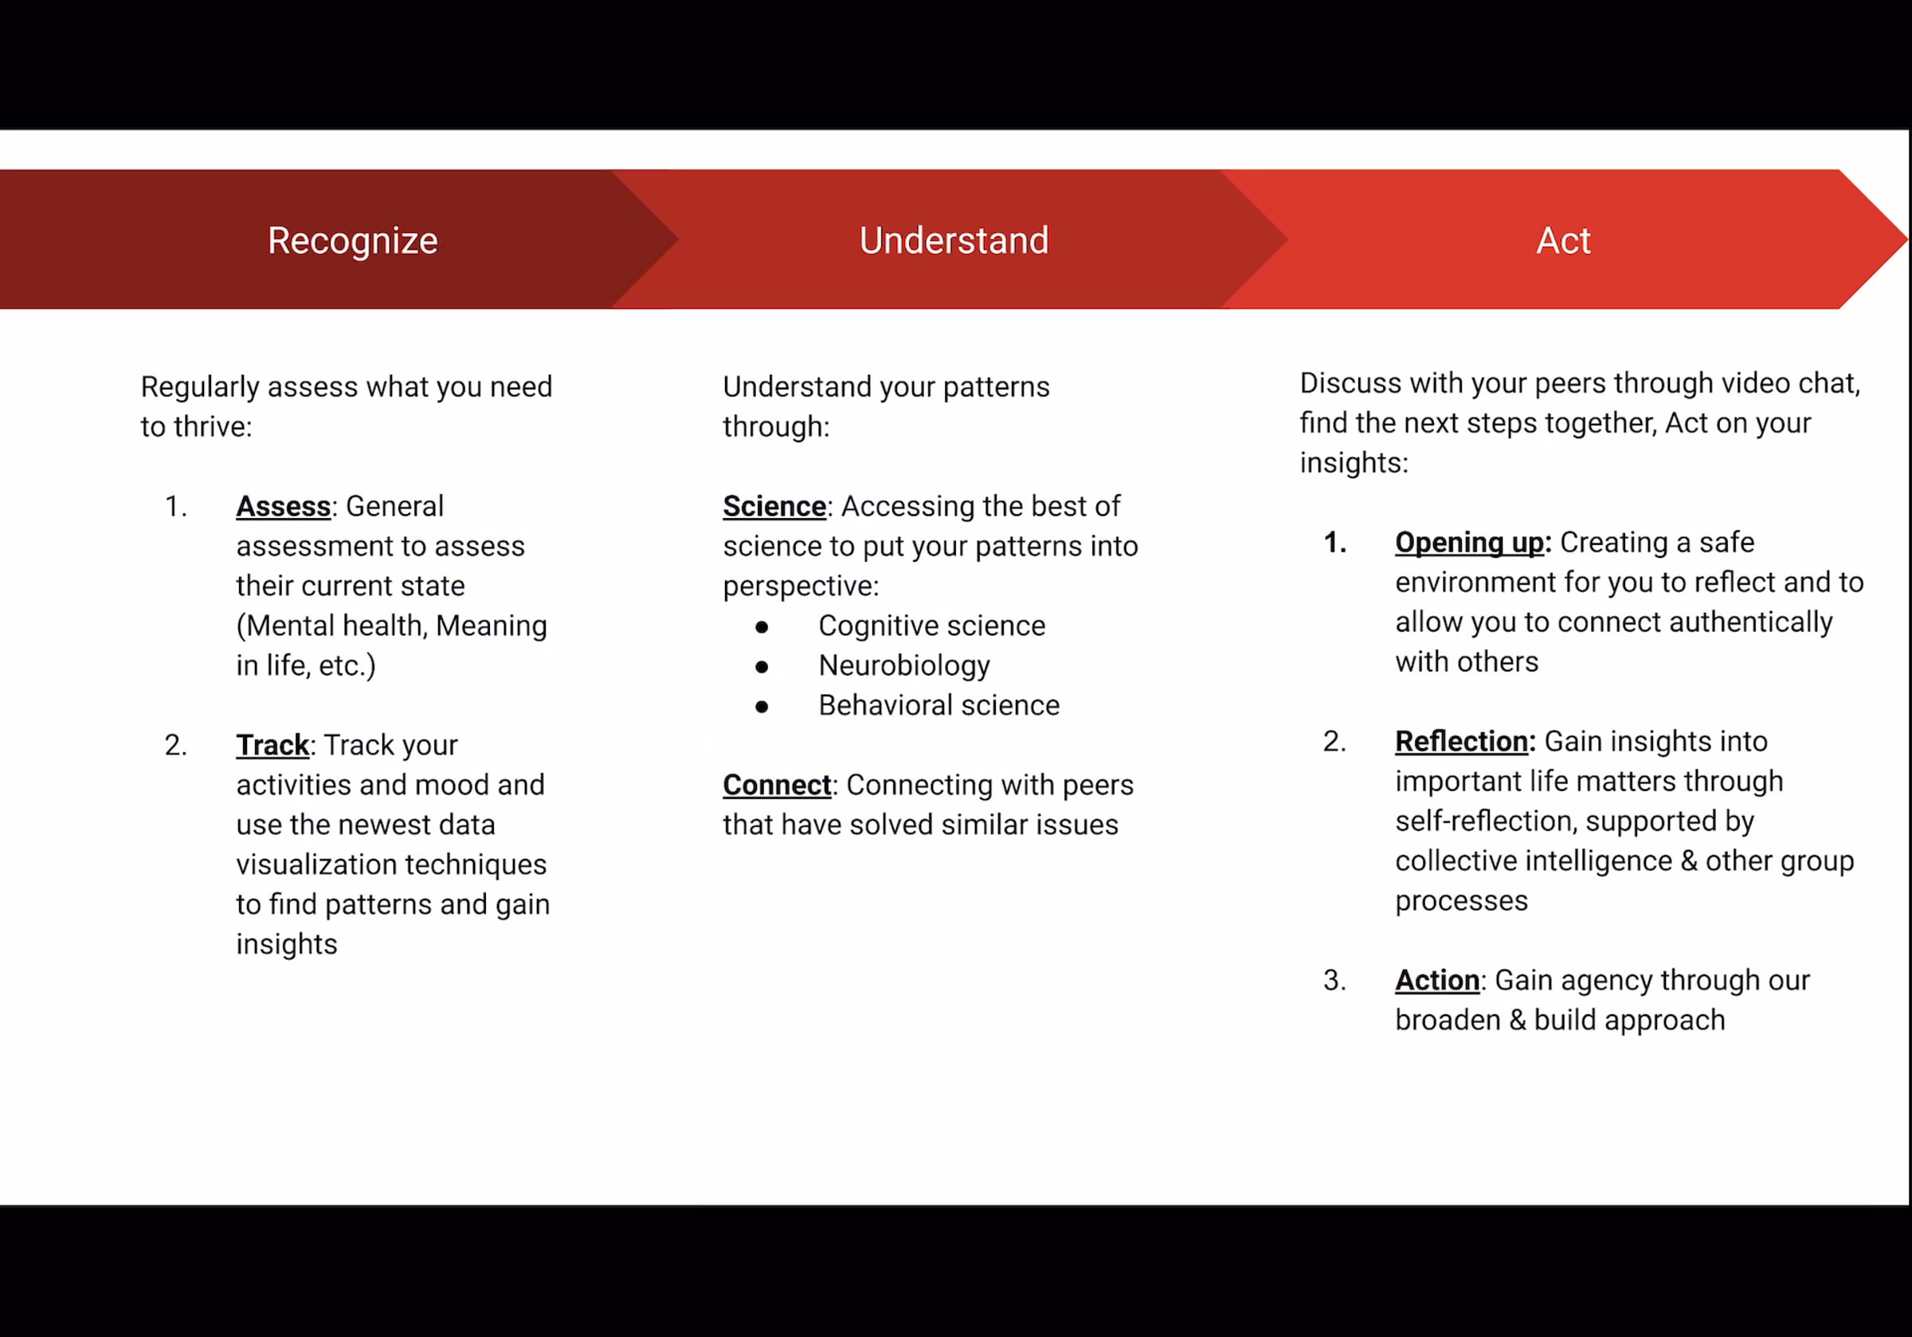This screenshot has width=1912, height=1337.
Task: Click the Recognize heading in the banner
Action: pyautogui.click(x=352, y=241)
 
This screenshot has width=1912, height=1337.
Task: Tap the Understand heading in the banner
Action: pyautogui.click(x=954, y=241)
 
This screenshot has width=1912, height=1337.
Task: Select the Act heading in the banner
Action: pyautogui.click(x=1563, y=241)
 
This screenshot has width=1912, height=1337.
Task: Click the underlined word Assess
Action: pyautogui.click(x=283, y=507)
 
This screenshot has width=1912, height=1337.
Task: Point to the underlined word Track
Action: pyautogui.click(x=272, y=745)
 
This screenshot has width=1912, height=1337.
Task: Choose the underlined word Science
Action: pyautogui.click(x=774, y=507)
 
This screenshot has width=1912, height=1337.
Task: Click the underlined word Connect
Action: pyautogui.click(x=776, y=785)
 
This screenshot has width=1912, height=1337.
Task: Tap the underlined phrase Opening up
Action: pyautogui.click(x=1469, y=543)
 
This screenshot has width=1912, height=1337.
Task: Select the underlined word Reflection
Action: pyautogui.click(x=1461, y=741)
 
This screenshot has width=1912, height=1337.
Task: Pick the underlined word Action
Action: pyautogui.click(x=1437, y=981)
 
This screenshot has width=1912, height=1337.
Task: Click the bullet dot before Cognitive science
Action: pyautogui.click(x=761, y=627)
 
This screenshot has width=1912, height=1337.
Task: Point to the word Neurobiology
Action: pyautogui.click(x=904, y=665)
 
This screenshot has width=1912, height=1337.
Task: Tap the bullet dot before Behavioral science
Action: pyautogui.click(x=761, y=708)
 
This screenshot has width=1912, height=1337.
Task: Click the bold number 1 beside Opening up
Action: pyautogui.click(x=1334, y=543)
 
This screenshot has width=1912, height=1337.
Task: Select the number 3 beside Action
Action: pyautogui.click(x=1334, y=981)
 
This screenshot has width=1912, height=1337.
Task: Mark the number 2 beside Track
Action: pyautogui.click(x=175, y=745)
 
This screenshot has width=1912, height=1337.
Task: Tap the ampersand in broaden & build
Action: pyautogui.click(x=1518, y=1021)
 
